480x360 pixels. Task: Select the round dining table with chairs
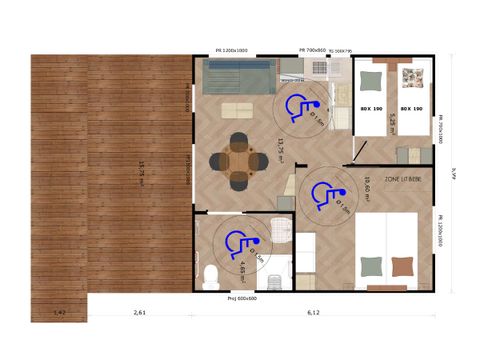pos(241,159)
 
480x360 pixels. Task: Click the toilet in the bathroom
pos(209,275)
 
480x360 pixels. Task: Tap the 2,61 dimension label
pos(141,313)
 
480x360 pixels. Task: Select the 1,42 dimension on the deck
pos(60,313)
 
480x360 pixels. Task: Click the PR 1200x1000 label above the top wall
pos(232,49)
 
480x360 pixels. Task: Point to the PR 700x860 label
pos(317,49)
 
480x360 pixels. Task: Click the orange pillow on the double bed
pos(403,265)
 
